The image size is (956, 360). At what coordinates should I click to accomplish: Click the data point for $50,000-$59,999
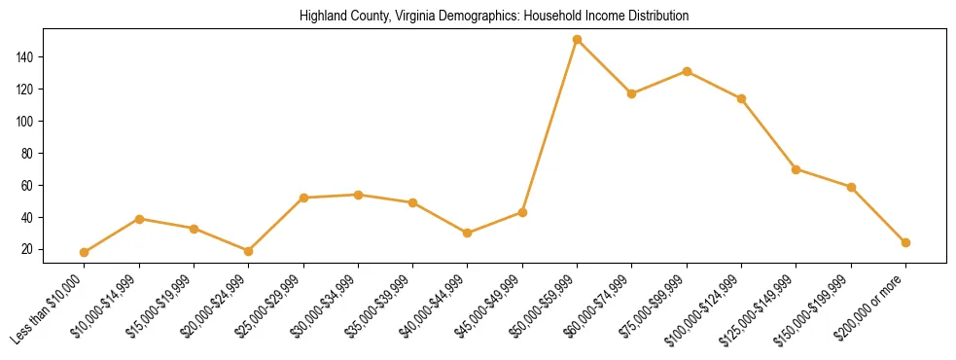click(578, 40)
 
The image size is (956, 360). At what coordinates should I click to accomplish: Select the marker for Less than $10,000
click(85, 252)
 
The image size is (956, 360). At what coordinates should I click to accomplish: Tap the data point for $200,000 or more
click(905, 242)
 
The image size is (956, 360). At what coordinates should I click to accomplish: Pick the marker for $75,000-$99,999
click(687, 71)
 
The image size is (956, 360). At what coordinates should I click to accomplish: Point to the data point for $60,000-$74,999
click(632, 93)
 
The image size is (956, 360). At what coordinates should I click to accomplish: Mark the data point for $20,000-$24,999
click(249, 251)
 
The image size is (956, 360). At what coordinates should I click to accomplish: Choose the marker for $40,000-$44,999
click(468, 234)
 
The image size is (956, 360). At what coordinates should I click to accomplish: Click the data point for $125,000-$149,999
click(797, 169)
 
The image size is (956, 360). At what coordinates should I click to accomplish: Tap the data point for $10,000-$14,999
click(139, 219)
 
